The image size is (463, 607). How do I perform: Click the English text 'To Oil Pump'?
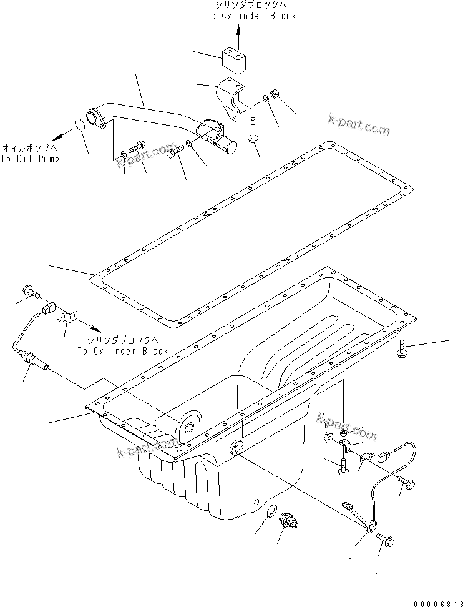coord(30,159)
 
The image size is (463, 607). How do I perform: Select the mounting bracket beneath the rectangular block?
coord(232,101)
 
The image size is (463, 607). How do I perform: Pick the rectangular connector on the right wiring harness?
coord(386,458)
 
